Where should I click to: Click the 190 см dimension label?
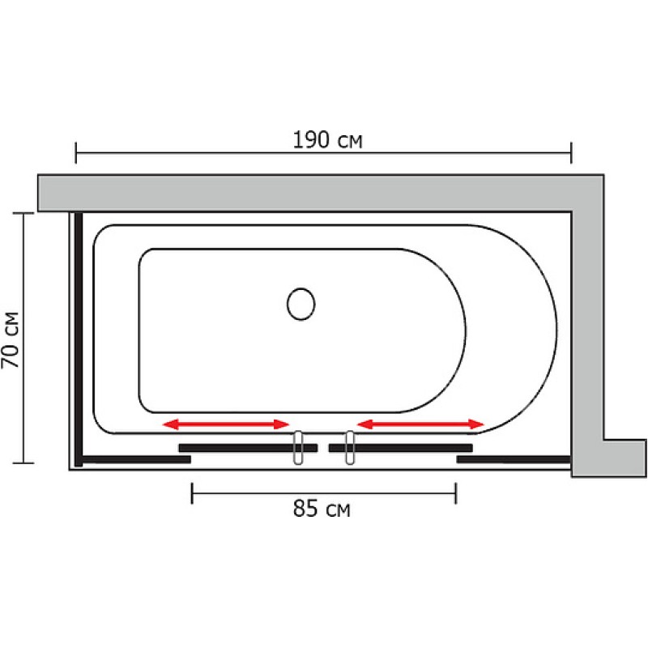pos(327,139)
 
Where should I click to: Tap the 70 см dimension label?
pos(11,339)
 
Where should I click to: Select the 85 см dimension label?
pos(322,509)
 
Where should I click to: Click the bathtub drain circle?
pos(301,305)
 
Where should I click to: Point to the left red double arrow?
pos(226,424)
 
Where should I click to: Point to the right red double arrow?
pos(420,424)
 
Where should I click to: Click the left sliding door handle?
pos(298,448)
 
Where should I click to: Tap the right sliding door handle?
pos(350,448)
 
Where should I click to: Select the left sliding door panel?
pos(248,448)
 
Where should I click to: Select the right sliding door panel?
pos(400,448)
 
